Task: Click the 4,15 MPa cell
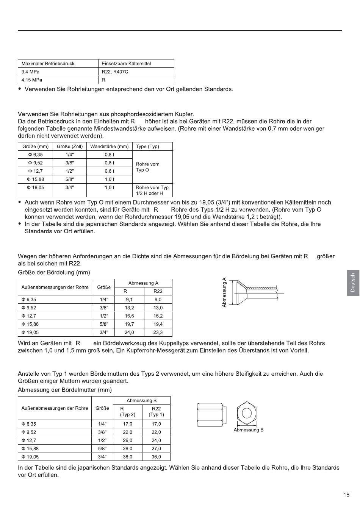pos(32,80)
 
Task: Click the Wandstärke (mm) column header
pos(109,147)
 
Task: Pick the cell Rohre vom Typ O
pos(147,167)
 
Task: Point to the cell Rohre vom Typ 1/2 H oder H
pos(152,190)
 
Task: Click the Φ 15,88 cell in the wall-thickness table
pos(36,179)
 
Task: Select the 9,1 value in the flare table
pos(129,300)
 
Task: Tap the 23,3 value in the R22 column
pos(158,333)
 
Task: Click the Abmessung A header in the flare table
pos(143,283)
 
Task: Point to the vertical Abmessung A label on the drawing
pos(224,292)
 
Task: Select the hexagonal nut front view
pos(247,413)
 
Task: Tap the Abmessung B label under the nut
pos(249,430)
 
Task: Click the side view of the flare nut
pos(212,415)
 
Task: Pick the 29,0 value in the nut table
pos(127,449)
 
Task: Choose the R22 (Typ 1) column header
pos(156,412)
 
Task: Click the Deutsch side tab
pos(352,283)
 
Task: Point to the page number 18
pos(346,495)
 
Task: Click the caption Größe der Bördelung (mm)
pos(54,272)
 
